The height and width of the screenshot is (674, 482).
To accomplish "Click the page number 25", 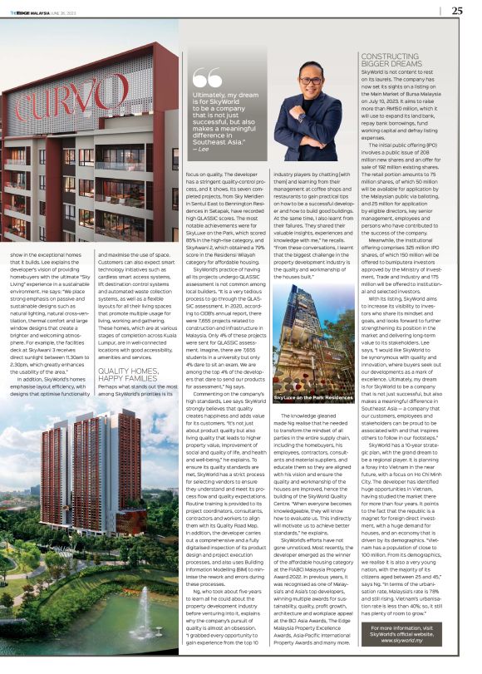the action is (457, 11).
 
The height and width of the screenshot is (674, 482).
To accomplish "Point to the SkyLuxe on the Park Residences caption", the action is (308, 376).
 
